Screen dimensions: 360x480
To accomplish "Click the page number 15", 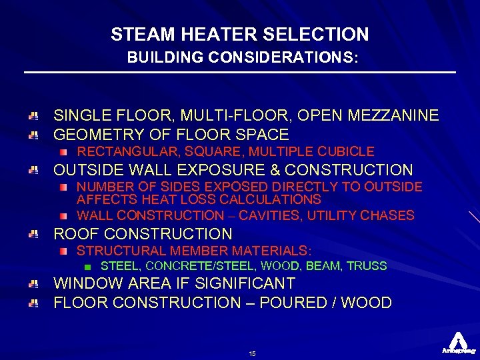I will pos(252,353).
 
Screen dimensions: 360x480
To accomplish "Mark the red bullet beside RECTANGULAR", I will pos(63,152).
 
